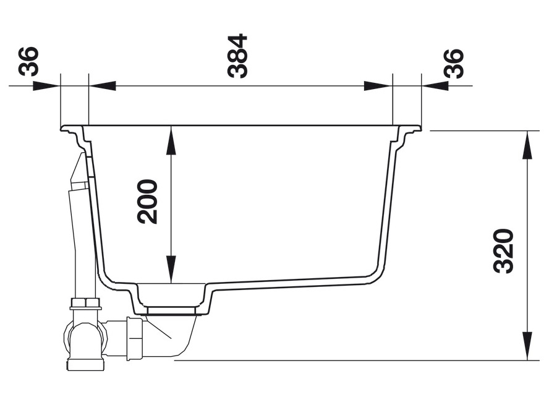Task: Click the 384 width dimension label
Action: (237, 56)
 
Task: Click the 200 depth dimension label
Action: (147, 202)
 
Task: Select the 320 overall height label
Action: (503, 251)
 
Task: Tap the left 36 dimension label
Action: (28, 61)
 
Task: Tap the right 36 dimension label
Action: (454, 63)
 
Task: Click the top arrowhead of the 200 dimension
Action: (171, 141)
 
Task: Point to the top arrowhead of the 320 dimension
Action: (527, 145)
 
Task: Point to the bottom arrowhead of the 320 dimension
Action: (527, 346)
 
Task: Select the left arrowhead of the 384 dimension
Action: (102, 85)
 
